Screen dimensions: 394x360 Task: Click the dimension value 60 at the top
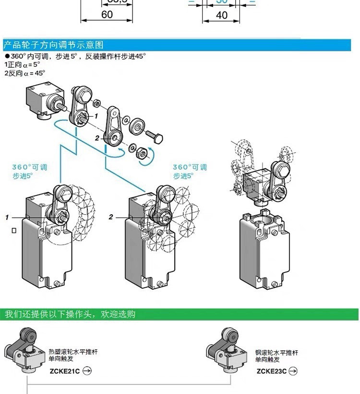(x=107, y=14)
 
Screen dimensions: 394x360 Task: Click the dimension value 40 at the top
(x=222, y=15)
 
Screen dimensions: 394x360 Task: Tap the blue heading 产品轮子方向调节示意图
(x=53, y=45)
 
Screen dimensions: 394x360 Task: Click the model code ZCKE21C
(x=64, y=370)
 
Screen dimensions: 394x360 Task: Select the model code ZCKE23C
(x=271, y=370)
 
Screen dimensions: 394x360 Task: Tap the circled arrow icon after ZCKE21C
(x=87, y=370)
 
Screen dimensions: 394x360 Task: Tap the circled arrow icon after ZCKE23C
(x=293, y=370)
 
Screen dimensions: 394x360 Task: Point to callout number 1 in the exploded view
(x=96, y=116)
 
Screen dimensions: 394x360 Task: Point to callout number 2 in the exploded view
(x=96, y=138)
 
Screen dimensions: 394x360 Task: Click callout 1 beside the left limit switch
(x=7, y=218)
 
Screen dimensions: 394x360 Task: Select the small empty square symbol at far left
(x=14, y=231)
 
